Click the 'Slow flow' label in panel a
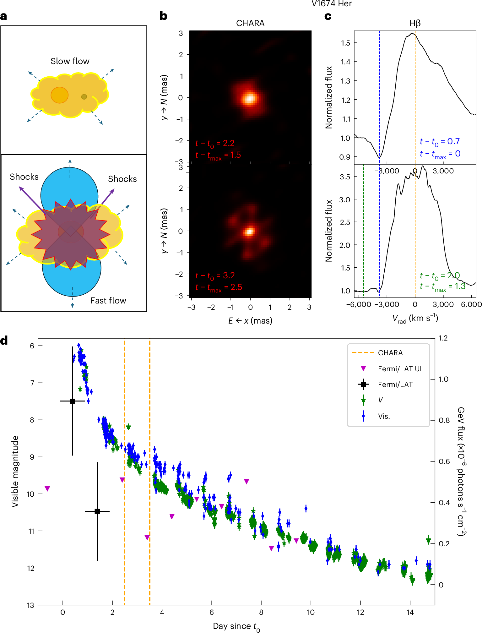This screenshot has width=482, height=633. pyautogui.click(x=70, y=61)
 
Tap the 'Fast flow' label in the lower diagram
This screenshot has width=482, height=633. pyautogui.click(x=108, y=301)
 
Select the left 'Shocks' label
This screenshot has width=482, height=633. pyautogui.click(x=24, y=177)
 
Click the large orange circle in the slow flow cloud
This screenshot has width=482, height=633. pyautogui.click(x=60, y=95)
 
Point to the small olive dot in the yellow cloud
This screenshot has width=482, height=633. pyautogui.click(x=84, y=97)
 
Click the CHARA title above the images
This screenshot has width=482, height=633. pyautogui.click(x=250, y=23)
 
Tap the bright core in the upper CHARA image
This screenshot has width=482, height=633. pyautogui.click(x=250, y=99)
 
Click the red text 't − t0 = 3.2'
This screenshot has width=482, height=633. pyautogui.click(x=215, y=276)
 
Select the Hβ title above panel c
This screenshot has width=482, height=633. pyautogui.click(x=415, y=23)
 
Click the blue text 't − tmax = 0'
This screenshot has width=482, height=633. pyautogui.click(x=440, y=154)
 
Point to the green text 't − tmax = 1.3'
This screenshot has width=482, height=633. pyautogui.click(x=442, y=286)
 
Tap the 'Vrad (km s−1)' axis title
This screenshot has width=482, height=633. pyautogui.click(x=415, y=319)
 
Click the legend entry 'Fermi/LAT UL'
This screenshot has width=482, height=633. pyautogui.click(x=400, y=369)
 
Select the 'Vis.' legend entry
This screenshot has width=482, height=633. pyautogui.click(x=384, y=417)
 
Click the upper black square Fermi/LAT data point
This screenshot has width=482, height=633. pyautogui.click(x=72, y=401)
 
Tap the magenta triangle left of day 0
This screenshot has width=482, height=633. pyautogui.click(x=47, y=489)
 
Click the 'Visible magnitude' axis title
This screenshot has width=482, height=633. pyautogui.click(x=15, y=471)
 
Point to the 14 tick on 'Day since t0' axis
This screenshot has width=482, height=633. pyautogui.click(x=410, y=612)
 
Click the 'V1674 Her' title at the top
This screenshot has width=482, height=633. pyautogui.click(x=331, y=4)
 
